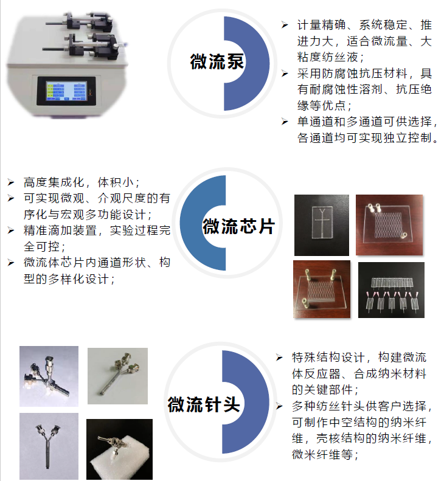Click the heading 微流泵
tap(217, 61)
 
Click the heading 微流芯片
tap(238, 226)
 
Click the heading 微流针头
tap(204, 404)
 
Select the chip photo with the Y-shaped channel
tap(322, 225)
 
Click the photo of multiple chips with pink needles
tap(391, 290)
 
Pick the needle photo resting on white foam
tap(119, 449)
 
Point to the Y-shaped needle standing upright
tap(49, 446)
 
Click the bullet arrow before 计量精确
tap(285, 25)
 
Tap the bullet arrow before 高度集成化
tap(11, 182)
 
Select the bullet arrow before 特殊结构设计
tap(279, 358)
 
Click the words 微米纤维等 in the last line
tap(322, 454)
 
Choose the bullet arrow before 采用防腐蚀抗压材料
tap(285, 74)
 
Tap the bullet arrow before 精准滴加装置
tap(11, 230)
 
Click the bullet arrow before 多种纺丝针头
tap(279, 406)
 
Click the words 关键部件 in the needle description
tap(328, 390)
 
